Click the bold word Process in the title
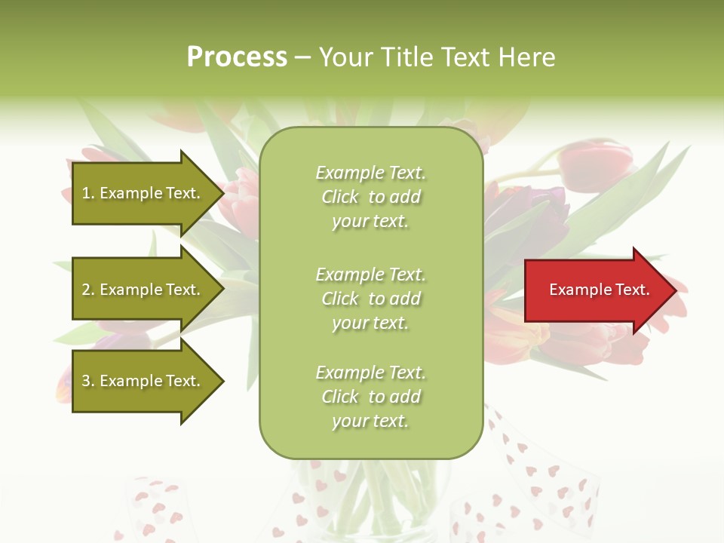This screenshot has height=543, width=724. pyautogui.click(x=237, y=57)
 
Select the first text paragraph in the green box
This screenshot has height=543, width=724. pyautogui.click(x=370, y=197)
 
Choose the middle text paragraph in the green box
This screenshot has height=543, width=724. pyautogui.click(x=370, y=299)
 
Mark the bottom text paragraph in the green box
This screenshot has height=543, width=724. pyautogui.click(x=370, y=397)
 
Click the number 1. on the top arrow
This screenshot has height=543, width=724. pyautogui.click(x=88, y=193)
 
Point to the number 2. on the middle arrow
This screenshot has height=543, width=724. pyautogui.click(x=88, y=290)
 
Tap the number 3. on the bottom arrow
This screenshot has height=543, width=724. pyautogui.click(x=88, y=381)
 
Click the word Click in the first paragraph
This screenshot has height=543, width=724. pyautogui.click(x=340, y=197)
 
